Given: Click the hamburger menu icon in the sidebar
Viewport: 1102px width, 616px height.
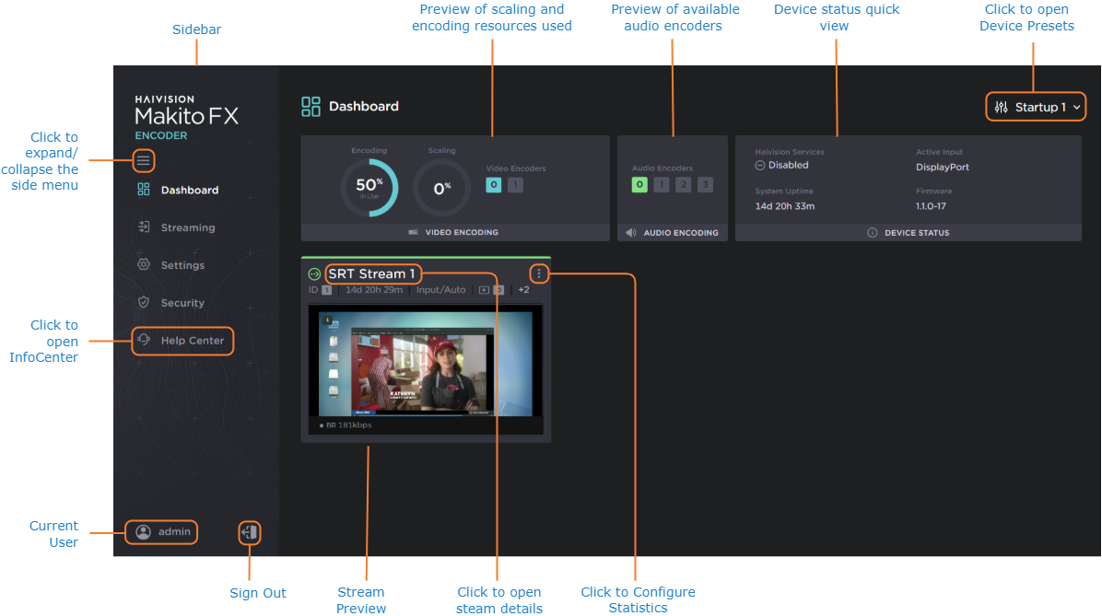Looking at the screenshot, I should coord(143,161).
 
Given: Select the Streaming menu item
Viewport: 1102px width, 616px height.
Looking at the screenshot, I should coord(187,227).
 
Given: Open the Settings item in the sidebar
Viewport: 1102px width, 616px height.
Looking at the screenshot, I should coord(182,265).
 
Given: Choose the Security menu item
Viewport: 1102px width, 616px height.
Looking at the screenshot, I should coord(182,303).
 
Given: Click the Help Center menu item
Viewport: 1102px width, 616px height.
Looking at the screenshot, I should coord(192,341).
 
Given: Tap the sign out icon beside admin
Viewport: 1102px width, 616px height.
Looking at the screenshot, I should coord(249,531).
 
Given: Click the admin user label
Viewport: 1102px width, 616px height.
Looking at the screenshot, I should coord(174,531).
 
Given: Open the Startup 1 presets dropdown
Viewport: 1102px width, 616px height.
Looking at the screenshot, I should coord(1037,107).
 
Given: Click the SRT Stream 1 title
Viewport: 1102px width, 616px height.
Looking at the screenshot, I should coord(371,273).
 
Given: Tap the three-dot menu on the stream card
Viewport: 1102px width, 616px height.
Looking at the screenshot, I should coord(539,273).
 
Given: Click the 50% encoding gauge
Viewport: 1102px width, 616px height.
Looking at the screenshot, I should coord(369,188).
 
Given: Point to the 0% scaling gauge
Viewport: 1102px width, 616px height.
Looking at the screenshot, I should coord(441,188).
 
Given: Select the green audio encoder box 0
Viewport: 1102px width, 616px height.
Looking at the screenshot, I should coord(639,185).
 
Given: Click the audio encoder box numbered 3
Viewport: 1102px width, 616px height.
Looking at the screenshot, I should coord(705,185).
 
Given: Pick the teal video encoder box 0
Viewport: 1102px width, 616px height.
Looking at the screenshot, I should coord(494,185).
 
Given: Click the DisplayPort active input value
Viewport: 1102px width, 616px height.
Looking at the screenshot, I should coord(943,168).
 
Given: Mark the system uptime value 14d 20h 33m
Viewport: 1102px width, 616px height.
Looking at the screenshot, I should coord(785,206).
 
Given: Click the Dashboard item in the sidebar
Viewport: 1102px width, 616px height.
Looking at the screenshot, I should coord(189,191).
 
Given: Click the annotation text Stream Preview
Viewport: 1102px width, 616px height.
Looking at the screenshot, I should coord(360,600).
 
